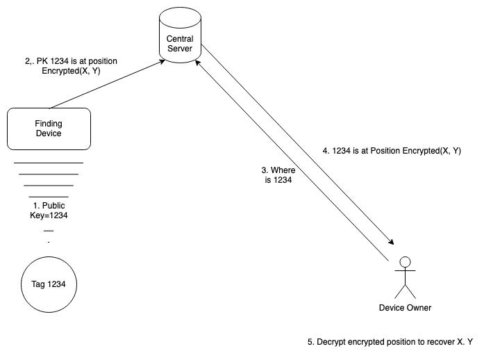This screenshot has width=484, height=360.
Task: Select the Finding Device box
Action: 49,128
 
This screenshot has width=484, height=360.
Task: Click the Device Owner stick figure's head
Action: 405,262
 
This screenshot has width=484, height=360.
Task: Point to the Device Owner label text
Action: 405,307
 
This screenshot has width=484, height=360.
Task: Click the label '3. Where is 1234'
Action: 274,174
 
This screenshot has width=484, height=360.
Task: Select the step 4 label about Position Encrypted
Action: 392,150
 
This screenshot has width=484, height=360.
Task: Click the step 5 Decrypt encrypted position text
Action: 390,342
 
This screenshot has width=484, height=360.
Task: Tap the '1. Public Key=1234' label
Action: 49,211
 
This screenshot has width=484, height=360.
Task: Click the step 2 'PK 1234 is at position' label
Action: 70,66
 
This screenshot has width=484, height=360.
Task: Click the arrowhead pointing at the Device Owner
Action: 392,243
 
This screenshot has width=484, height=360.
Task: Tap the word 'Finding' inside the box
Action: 49,124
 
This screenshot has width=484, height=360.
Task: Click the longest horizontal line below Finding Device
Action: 49,163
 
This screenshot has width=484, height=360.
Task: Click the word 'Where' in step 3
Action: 283,170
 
